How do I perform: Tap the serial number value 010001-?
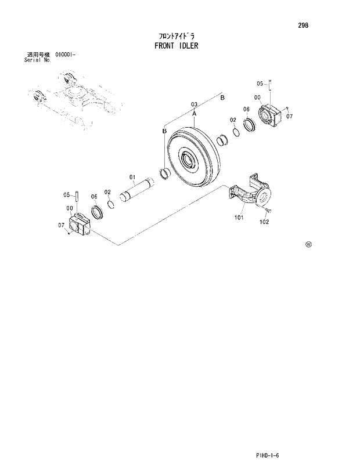coord(65,55)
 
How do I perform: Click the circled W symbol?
coord(308,245)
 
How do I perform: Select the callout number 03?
coord(194,104)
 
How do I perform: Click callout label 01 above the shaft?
coord(132,177)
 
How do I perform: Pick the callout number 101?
coord(238,219)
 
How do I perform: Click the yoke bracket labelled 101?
coord(250,194)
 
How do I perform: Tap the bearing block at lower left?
coord(80,225)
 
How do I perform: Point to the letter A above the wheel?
coord(195,115)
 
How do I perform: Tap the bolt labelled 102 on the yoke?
coord(268,211)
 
